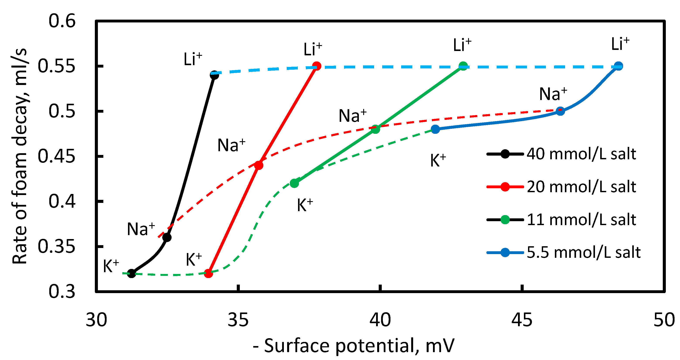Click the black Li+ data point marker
tap(214, 75)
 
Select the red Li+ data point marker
tap(317, 66)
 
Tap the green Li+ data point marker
tap(463, 66)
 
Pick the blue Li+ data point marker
tap(618, 66)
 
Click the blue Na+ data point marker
tap(560, 111)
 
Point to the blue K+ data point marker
tap(435, 129)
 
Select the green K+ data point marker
tap(294, 183)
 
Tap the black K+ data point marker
tap(131, 273)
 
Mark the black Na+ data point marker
tap(167, 237)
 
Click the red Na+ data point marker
tap(259, 165)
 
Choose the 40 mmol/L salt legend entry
tap(581, 154)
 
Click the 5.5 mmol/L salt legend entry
tap(583, 253)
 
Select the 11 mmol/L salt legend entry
tap(581, 220)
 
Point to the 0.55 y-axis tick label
tap(56, 66)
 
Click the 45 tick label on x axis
tap(522, 320)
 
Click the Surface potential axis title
tap(354, 346)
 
